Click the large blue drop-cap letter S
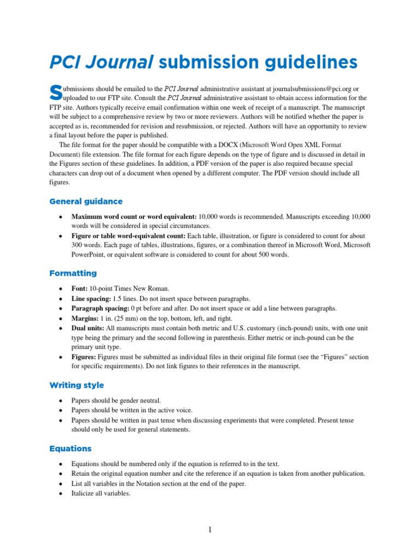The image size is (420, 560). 55,92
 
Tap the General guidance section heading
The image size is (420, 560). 86,201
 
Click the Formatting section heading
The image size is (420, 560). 73,273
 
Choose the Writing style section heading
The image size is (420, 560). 77,385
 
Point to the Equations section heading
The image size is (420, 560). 70,448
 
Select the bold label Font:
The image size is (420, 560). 80,288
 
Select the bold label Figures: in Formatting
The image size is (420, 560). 84,357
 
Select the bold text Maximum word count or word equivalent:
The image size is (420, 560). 134,217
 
